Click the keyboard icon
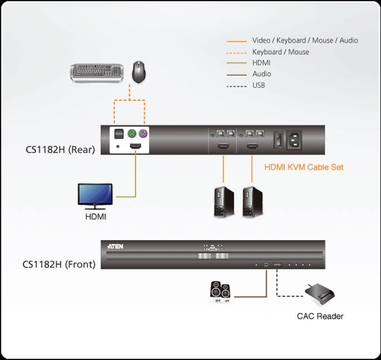pos(97,72)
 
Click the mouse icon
pos(139,72)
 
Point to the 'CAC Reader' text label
pos(320,316)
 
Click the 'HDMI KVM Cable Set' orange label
pos(304,167)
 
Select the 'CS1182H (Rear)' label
pos(60,149)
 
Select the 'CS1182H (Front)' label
pos(59,264)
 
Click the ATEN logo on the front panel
pos(115,247)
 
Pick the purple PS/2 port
pos(143,134)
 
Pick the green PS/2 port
pos(132,134)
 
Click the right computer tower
pos(252,202)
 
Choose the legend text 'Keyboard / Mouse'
pos(281,52)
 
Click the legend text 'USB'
pos(259,85)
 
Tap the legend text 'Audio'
pos(262,74)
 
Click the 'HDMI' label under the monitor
pos(95,217)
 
